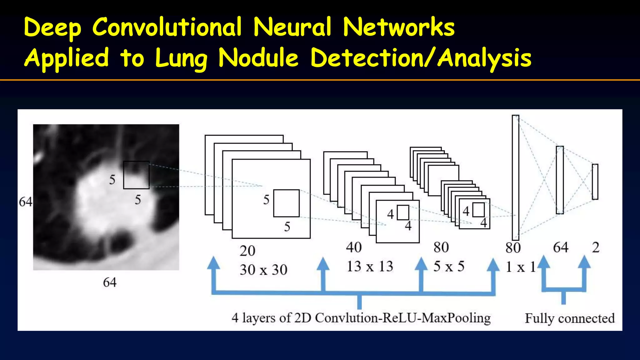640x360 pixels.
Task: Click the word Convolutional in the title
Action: pyautogui.click(x=167, y=27)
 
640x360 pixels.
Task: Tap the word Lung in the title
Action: pyautogui.click(x=181, y=58)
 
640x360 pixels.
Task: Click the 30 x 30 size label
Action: pyautogui.click(x=263, y=270)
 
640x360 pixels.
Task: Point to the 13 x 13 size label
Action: pyautogui.click(x=370, y=267)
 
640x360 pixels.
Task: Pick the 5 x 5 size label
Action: pyautogui.click(x=449, y=267)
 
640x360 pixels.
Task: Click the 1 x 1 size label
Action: pyautogui.click(x=520, y=267)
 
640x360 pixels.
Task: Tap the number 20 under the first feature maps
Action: pyautogui.click(x=247, y=251)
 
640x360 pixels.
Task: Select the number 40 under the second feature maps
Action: pyautogui.click(x=354, y=247)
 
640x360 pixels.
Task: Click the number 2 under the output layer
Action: pyautogui.click(x=596, y=247)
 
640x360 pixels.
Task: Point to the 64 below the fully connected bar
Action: pyautogui.click(x=560, y=247)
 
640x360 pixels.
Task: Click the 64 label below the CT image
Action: pyautogui.click(x=110, y=282)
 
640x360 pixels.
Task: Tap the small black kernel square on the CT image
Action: pyautogui.click(x=136, y=175)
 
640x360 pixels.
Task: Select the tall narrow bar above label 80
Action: pyautogui.click(x=515, y=177)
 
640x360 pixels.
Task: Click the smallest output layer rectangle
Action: pyautogui.click(x=595, y=182)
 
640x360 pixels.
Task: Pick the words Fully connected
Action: pyautogui.click(x=569, y=318)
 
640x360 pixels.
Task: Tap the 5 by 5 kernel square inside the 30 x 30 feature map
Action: pyautogui.click(x=286, y=203)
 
